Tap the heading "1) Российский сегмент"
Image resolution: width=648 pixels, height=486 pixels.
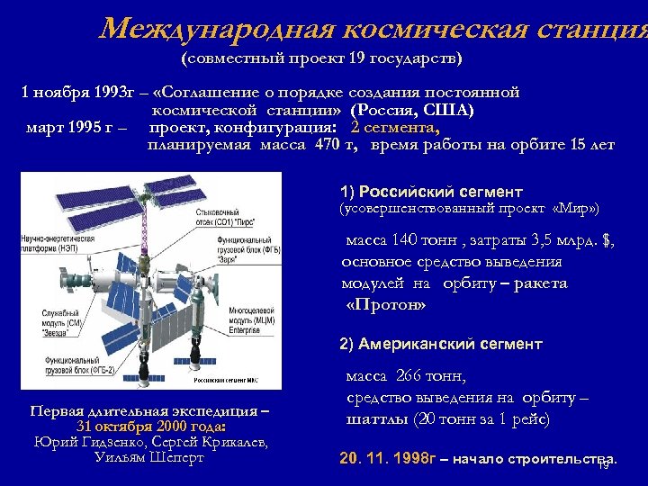[x=431, y=192]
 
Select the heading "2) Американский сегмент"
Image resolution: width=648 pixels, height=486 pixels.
[x=441, y=344]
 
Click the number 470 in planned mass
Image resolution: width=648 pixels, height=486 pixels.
[x=319, y=144]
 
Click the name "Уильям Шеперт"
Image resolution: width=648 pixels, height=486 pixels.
[x=149, y=457]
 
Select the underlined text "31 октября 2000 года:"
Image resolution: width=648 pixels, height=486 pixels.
[x=150, y=427]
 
